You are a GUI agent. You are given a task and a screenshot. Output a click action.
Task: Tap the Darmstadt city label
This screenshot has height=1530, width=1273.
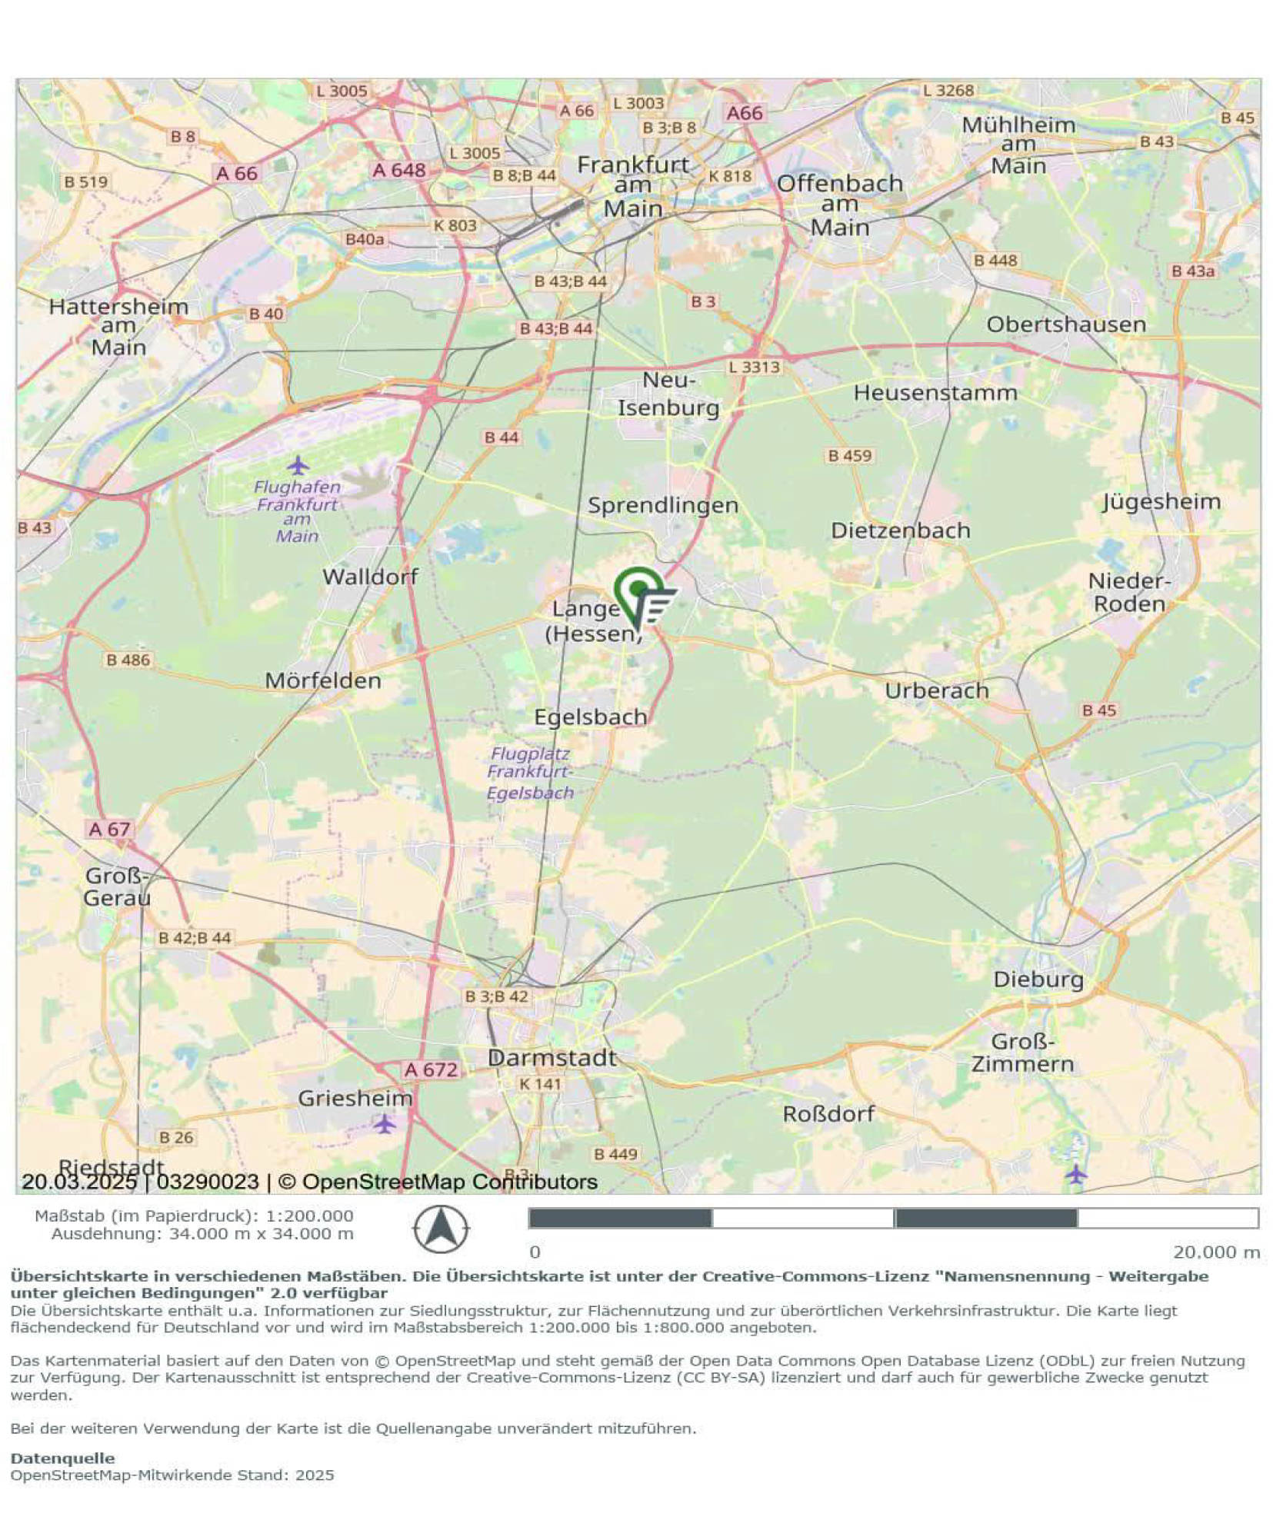(552, 1058)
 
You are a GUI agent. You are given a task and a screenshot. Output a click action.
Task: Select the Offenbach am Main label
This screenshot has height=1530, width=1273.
(839, 205)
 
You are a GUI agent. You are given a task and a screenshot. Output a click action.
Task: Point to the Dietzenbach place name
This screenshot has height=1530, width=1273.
(900, 531)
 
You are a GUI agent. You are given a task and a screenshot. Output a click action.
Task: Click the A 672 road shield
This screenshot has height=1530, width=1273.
(431, 1069)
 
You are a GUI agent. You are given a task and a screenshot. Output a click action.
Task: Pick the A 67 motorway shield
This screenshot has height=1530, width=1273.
(109, 829)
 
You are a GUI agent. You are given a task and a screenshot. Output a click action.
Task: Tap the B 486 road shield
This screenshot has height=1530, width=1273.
(128, 660)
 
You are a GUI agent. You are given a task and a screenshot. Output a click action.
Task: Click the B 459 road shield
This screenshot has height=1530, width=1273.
(849, 456)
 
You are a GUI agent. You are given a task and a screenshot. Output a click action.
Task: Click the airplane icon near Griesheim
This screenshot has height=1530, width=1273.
(385, 1123)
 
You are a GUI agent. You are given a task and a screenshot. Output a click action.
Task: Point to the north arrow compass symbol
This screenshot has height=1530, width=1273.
(440, 1229)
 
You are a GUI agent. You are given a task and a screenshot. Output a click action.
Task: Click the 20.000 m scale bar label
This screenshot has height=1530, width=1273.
(1215, 1252)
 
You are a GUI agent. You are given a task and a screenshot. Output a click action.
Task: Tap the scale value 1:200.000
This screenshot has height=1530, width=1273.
(309, 1216)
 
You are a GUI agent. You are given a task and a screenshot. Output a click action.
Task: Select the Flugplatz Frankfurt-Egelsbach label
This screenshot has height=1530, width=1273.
(530, 773)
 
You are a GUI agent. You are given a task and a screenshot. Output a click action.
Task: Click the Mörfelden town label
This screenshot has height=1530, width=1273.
(323, 680)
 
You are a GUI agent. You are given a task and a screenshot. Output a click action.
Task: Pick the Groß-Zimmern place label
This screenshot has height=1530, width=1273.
(1021, 1053)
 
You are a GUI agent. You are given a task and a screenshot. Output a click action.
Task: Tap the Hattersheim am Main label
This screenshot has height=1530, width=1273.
(118, 327)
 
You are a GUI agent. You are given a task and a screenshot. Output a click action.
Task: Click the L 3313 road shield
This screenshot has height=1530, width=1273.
(754, 368)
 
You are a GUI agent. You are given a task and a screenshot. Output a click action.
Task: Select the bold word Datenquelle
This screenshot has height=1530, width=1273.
(62, 1458)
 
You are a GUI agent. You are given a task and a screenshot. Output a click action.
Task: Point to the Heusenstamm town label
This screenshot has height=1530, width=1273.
(935, 393)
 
